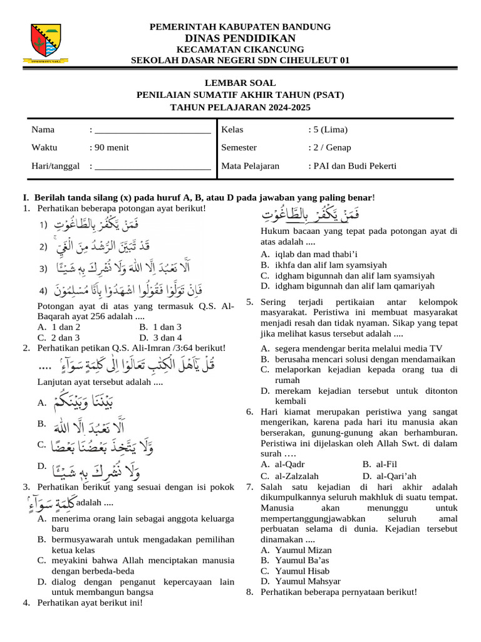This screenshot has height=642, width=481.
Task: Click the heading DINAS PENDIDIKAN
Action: [240, 38]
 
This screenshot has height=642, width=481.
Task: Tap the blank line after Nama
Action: [151, 130]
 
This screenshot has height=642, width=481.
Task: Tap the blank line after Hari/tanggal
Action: [151, 166]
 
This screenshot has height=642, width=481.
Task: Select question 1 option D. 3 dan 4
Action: [160, 337]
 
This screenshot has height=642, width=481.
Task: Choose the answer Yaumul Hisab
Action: [295, 571]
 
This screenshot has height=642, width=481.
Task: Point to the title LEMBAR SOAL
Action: [240, 83]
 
